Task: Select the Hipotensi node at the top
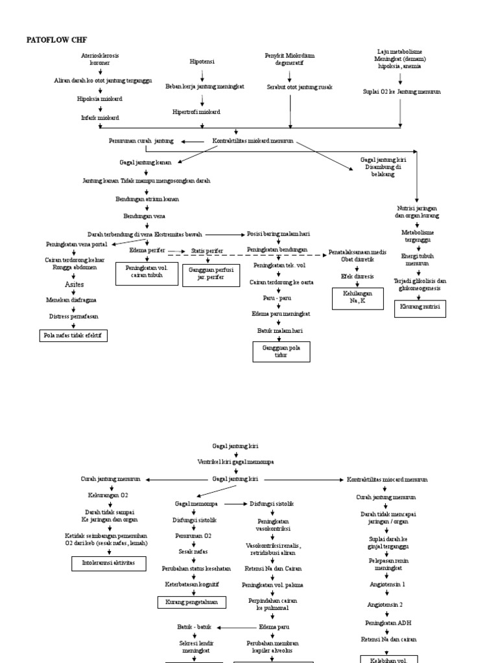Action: [202, 62]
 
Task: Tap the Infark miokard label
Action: [95, 118]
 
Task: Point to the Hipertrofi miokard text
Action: [196, 112]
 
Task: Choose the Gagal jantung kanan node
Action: [145, 163]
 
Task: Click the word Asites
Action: [74, 284]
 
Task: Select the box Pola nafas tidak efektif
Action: [73, 335]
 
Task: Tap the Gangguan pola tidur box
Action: [281, 352]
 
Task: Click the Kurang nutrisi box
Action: [420, 307]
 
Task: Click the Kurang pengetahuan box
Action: [193, 602]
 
